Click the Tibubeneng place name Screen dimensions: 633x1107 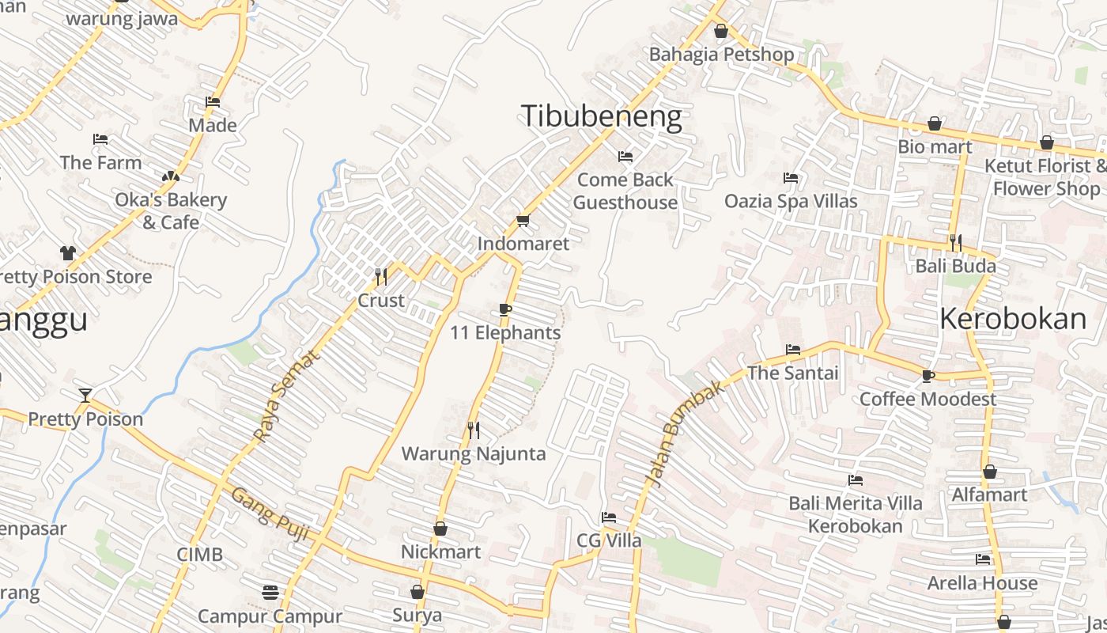click(601, 116)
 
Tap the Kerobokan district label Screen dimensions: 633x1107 click(1013, 318)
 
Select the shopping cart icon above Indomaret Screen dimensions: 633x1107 click(522, 220)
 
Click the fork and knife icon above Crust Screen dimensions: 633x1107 click(380, 276)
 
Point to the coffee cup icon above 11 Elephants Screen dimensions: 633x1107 click(505, 309)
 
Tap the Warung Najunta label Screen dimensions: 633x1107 click(474, 453)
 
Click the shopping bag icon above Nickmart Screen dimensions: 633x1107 click(440, 529)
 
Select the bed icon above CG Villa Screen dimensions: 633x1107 click(608, 517)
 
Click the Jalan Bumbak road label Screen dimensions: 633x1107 click(685, 434)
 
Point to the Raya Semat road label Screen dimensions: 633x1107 click(288, 396)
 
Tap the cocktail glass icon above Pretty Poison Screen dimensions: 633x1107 click(85, 395)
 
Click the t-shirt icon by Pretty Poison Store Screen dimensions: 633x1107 click(68, 253)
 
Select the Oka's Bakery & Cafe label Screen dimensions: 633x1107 click(171, 210)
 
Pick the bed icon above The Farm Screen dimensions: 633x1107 click(100, 139)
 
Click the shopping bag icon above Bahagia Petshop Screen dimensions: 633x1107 click(721, 32)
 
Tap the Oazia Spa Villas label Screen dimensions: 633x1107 click(791, 201)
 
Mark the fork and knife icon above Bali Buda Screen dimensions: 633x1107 click(956, 241)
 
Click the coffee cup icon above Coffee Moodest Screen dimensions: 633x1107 click(928, 375)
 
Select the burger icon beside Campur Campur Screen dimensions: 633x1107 click(270, 592)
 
